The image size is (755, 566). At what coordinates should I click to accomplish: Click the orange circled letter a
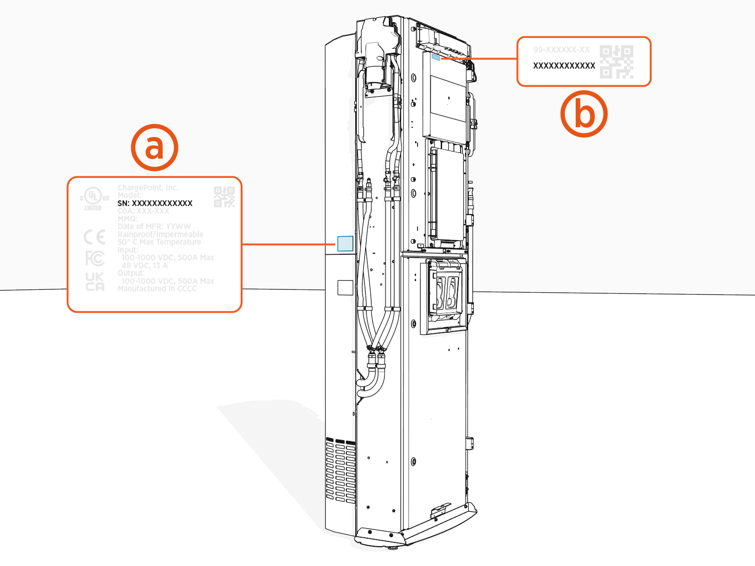(x=154, y=148)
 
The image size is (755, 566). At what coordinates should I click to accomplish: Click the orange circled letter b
(x=584, y=114)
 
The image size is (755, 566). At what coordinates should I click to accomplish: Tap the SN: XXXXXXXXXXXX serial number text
(x=155, y=203)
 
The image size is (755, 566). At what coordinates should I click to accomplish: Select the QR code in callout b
(x=616, y=62)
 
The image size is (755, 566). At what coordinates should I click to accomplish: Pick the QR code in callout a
(x=224, y=197)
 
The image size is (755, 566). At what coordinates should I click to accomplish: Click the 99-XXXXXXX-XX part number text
(x=561, y=50)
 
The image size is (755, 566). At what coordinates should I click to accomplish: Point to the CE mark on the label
(x=94, y=237)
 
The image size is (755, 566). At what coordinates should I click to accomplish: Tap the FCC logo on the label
(x=94, y=258)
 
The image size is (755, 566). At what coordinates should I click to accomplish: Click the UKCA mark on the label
(x=95, y=282)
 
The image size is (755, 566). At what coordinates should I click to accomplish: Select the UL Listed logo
(x=94, y=199)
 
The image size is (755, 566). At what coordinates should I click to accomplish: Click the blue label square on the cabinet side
(x=345, y=243)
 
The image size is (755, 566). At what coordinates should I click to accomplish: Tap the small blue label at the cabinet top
(x=436, y=57)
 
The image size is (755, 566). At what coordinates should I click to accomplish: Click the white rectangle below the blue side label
(x=345, y=287)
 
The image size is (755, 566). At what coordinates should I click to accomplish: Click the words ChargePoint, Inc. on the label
(x=148, y=188)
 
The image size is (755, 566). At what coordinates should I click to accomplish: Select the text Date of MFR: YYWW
(x=154, y=226)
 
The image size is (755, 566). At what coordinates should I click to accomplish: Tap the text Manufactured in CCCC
(x=157, y=289)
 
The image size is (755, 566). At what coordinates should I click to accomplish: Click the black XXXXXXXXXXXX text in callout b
(x=564, y=66)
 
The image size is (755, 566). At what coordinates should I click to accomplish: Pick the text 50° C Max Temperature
(x=159, y=242)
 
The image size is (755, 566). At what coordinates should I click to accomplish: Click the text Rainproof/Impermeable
(x=160, y=234)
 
